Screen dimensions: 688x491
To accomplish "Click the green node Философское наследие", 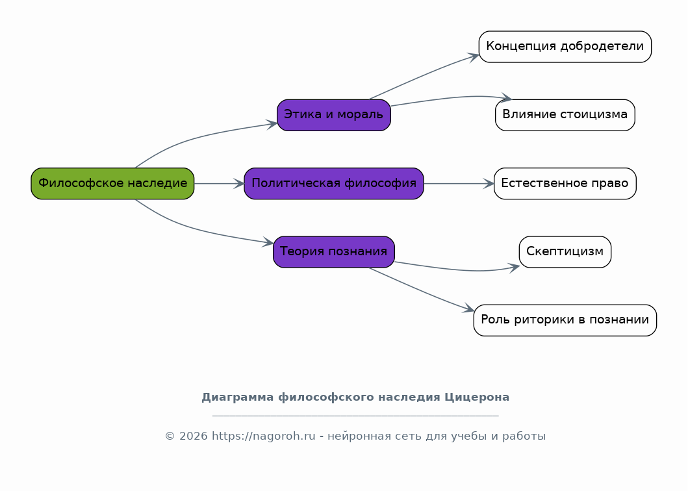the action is pyautogui.click(x=112, y=183).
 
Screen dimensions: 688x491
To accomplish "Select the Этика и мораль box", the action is pyautogui.click(x=334, y=115).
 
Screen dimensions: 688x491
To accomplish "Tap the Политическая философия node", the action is pyautogui.click(x=334, y=183).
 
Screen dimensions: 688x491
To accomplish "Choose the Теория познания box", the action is pyautogui.click(x=334, y=252).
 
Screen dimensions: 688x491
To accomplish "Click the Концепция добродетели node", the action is pyautogui.click(x=565, y=47).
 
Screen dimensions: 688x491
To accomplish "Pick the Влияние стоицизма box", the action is pyautogui.click(x=565, y=115).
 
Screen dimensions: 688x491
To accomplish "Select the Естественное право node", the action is pyautogui.click(x=565, y=183).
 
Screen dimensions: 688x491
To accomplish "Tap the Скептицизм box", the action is pyautogui.click(x=565, y=252).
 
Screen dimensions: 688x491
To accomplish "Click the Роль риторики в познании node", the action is pyautogui.click(x=565, y=320).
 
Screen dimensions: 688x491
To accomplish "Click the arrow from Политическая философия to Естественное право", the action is pyautogui.click(x=459, y=183).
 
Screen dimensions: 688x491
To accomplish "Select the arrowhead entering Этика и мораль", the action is pyautogui.click(x=272, y=124).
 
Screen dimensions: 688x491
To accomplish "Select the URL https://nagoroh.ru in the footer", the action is pyautogui.click(x=264, y=436).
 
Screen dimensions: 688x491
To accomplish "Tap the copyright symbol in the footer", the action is pyautogui.click(x=170, y=436).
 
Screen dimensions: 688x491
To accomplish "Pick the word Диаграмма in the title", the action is pyautogui.click(x=237, y=397).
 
